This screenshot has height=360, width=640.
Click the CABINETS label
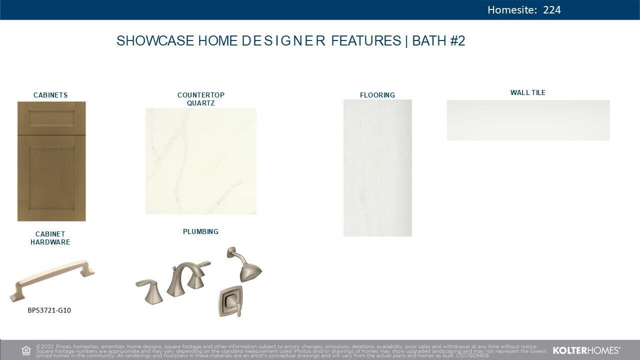click(x=50, y=95)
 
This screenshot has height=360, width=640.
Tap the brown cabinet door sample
click(x=51, y=161)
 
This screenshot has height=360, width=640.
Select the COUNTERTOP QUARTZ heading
click(x=201, y=99)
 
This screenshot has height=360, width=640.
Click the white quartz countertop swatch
click(x=201, y=161)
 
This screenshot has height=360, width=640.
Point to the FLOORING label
click(x=377, y=95)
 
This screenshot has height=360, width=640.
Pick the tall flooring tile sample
click(x=377, y=167)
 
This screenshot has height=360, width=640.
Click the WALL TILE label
click(x=528, y=92)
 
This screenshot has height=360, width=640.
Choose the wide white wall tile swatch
click(x=528, y=120)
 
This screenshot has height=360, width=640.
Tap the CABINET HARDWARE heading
click(x=50, y=238)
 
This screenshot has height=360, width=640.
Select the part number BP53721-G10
click(x=49, y=310)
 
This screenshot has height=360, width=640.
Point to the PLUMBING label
click(x=200, y=231)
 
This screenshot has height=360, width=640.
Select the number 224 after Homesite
click(x=552, y=10)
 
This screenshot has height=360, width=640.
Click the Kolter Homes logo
click(x=586, y=350)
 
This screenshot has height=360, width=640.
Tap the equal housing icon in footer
click(x=26, y=350)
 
